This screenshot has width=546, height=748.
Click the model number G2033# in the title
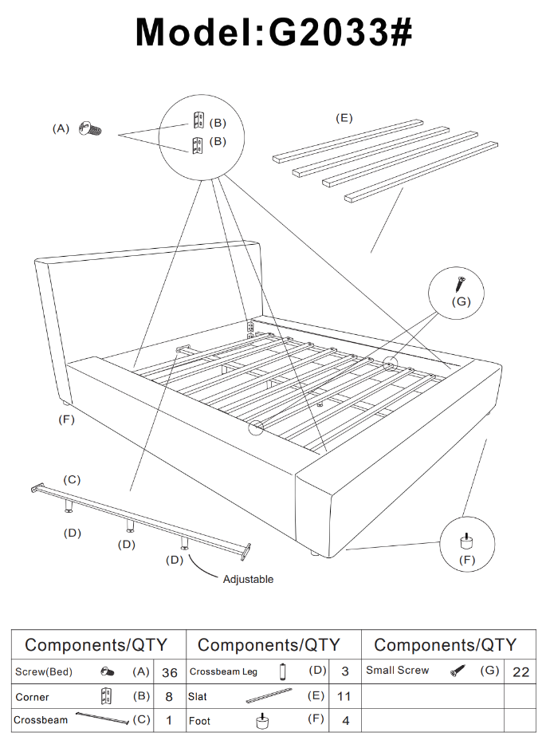[x=340, y=32]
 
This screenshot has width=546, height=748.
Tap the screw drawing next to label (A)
[x=92, y=128]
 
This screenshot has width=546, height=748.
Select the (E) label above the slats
[x=344, y=118]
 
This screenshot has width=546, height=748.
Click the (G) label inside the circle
[x=461, y=301]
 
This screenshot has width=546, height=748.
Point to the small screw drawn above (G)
[x=460, y=283]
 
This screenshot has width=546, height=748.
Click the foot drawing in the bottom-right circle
[x=466, y=541]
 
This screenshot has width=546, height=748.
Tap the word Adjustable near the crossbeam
[x=248, y=579]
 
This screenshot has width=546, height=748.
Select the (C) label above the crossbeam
[x=72, y=479]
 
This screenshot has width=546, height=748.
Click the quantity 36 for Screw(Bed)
[x=169, y=672]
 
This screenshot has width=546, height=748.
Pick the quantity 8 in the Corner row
[x=169, y=696]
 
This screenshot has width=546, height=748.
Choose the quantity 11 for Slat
[x=344, y=696]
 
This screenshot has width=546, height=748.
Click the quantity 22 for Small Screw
[x=520, y=672]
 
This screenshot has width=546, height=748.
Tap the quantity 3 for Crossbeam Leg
[x=344, y=672]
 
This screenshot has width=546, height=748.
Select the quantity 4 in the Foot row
[x=344, y=720]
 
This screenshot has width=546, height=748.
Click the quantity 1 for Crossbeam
[x=169, y=720]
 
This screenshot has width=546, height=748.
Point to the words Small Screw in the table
[x=397, y=671]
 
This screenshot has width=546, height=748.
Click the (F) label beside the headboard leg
[x=67, y=419]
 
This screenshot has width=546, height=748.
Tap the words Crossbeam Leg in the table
[x=223, y=671]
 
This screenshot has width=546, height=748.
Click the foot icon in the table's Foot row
[x=260, y=720]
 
